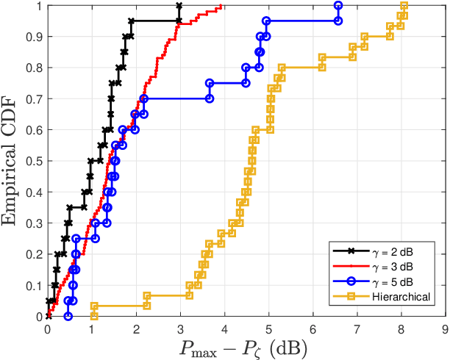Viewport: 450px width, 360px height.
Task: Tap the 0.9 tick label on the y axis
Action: coord(36,37)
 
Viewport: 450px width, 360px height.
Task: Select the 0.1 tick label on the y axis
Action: coord(36,285)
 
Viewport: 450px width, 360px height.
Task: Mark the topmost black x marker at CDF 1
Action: coord(179,6)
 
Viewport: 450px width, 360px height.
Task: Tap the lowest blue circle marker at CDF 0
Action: coord(68,316)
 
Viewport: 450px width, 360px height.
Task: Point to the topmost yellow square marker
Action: coord(404,6)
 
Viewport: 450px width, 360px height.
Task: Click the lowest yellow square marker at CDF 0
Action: coord(93,316)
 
